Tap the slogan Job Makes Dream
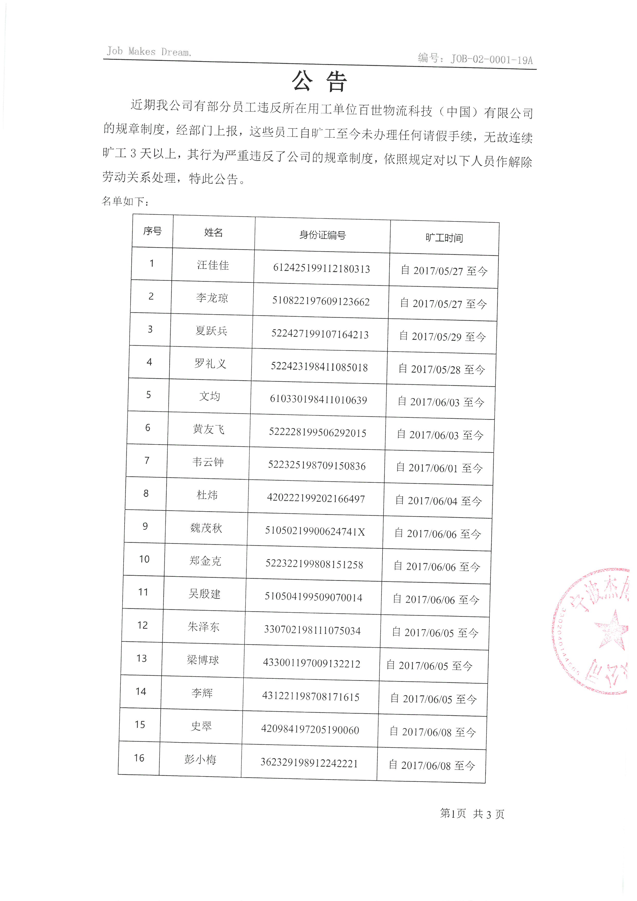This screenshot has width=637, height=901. point(149,51)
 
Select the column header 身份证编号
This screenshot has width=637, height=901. point(322,235)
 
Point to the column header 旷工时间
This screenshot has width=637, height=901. point(444,238)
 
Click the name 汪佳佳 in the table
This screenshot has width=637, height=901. point(213,265)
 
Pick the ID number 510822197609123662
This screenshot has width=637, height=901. point(321,301)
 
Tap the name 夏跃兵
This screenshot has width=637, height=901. point(211,331)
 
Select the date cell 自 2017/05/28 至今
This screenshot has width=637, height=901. point(442,369)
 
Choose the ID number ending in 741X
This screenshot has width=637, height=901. point(315,532)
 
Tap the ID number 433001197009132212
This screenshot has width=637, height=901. point(312,664)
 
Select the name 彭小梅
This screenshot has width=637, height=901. point(200,759)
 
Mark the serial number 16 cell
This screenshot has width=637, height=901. point(139,758)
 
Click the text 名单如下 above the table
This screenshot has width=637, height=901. point(125,201)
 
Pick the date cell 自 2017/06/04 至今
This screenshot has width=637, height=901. point(438,501)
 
